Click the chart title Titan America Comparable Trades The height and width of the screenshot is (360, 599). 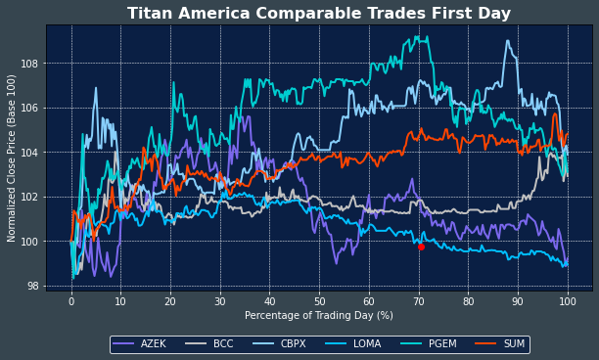[x=319, y=14]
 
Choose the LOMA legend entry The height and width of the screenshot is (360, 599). [x=357, y=344]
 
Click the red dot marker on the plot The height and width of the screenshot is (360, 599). [x=421, y=247]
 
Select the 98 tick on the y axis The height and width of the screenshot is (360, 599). [x=33, y=287]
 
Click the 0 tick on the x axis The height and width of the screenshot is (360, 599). [x=71, y=301]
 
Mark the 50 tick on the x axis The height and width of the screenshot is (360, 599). [x=319, y=301]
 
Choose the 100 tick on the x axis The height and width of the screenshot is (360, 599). [x=568, y=301]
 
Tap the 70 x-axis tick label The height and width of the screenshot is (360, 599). [x=419, y=301]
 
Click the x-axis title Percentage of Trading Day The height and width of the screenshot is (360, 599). [x=318, y=316]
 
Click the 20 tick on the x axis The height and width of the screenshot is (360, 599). [x=170, y=301]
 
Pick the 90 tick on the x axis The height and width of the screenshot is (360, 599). [x=518, y=301]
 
